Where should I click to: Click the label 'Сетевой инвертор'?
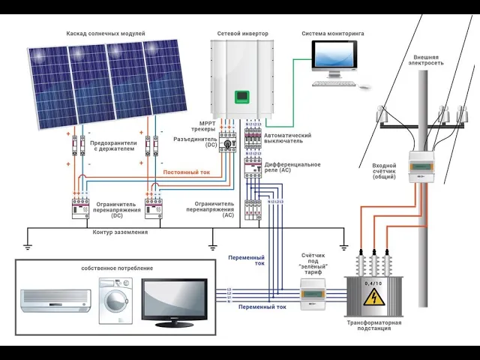click(242, 34)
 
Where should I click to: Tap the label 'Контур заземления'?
click(120, 232)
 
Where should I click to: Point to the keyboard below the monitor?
click(335, 82)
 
